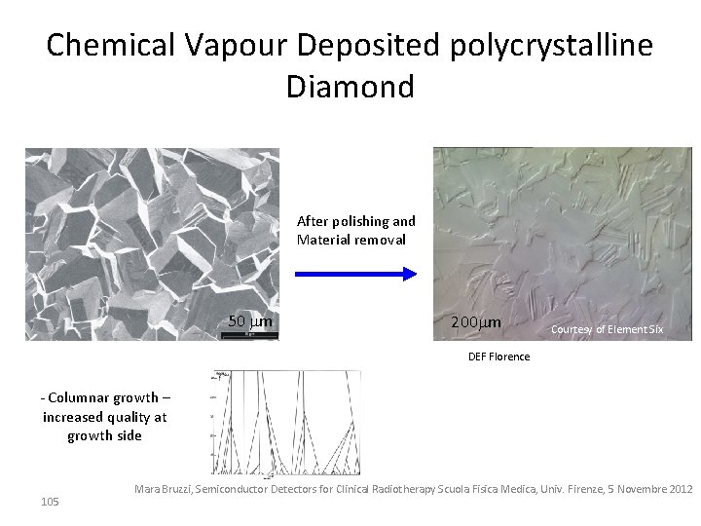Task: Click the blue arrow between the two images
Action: click(354, 275)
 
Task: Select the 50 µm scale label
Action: click(249, 320)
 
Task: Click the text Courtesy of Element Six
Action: click(607, 329)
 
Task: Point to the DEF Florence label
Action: click(498, 356)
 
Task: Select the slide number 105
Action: click(50, 501)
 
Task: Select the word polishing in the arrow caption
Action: click(359, 221)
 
